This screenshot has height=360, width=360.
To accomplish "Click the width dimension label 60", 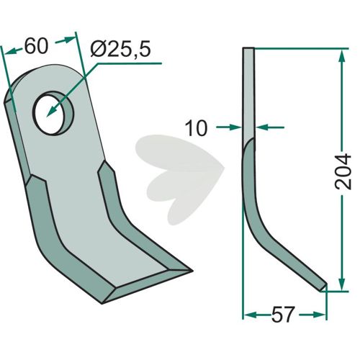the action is [37, 46].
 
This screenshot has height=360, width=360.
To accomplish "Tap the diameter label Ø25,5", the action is [121, 50].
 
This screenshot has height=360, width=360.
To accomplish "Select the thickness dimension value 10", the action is [196, 128].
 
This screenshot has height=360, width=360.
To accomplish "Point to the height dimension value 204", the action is [343, 171].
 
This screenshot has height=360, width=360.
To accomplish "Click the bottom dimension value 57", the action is [282, 315].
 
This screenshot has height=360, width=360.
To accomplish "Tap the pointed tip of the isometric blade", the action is [192, 271].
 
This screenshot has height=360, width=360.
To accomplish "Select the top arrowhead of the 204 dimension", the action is [343, 57].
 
